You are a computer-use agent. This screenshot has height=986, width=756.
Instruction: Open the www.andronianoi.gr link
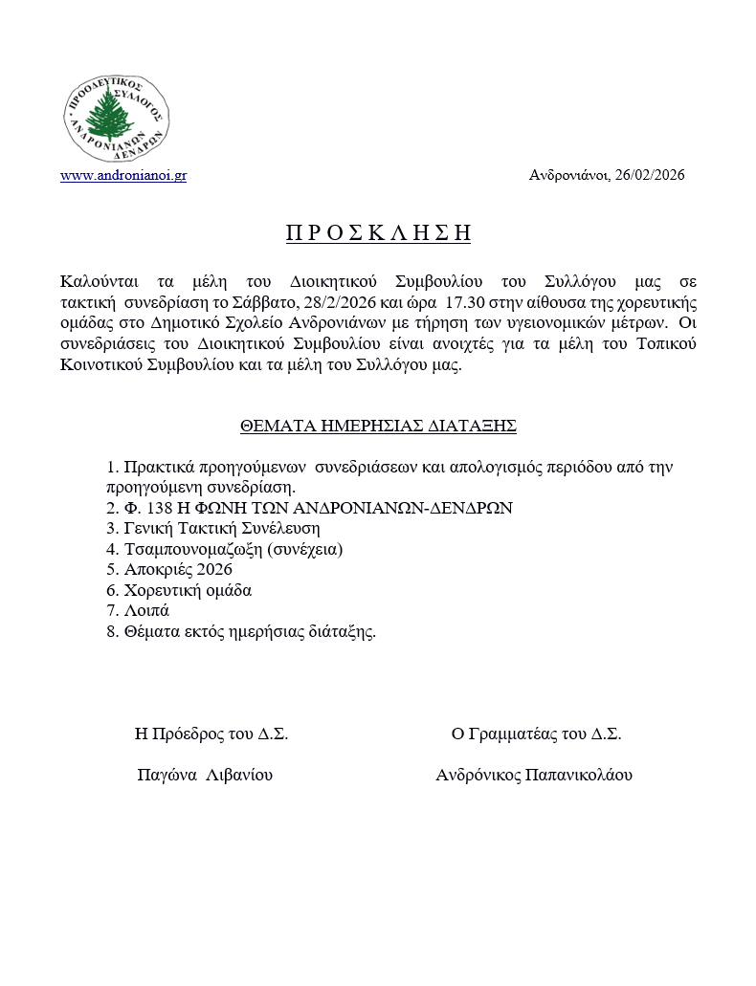click(122, 176)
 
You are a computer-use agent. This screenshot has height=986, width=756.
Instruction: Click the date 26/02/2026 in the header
click(650, 176)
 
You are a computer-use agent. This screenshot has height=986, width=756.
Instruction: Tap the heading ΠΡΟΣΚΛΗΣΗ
click(379, 233)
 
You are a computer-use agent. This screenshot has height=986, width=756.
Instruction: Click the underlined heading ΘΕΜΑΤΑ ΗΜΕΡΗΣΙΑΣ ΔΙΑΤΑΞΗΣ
click(378, 427)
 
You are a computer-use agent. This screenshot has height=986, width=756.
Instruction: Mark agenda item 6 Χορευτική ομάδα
click(187, 590)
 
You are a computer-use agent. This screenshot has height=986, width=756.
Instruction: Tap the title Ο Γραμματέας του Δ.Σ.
click(536, 734)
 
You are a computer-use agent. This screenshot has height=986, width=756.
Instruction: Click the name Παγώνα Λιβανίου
click(205, 775)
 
